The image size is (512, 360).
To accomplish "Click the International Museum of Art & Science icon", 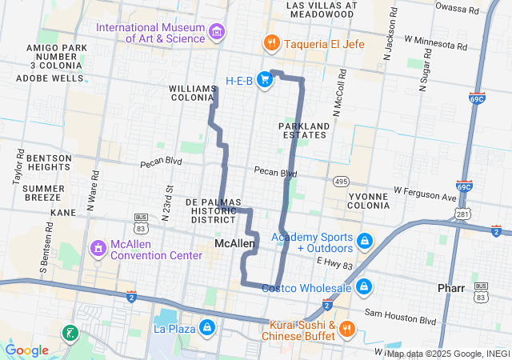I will (216, 30).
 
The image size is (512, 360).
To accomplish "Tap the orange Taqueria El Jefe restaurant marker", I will (271, 44).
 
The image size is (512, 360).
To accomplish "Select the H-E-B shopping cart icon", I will (263, 80).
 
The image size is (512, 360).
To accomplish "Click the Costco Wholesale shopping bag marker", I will (364, 286).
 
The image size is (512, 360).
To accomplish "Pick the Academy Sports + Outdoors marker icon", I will (364, 240).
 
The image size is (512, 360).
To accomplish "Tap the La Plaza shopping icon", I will (207, 327).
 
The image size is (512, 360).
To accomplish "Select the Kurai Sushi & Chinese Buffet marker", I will (346, 329).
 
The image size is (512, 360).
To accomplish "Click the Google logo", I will (27, 350).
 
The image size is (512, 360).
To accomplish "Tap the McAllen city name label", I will (234, 242).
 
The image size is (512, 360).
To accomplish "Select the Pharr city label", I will (453, 286).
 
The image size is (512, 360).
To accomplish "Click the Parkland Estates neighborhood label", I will (304, 130).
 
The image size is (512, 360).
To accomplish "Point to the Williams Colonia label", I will (193, 92).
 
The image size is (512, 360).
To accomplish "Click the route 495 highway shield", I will (342, 181).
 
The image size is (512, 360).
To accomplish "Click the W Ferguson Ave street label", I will (424, 195).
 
